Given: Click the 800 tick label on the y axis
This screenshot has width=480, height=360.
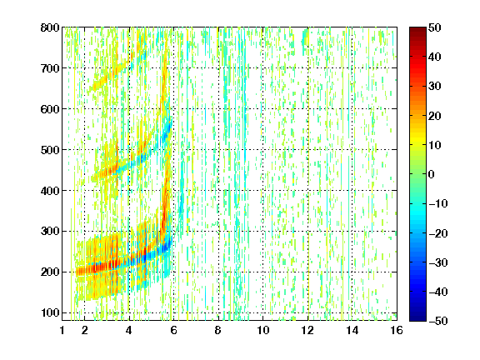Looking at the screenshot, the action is click(50, 27).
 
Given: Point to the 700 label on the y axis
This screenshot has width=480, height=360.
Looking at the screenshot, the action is click(50, 68).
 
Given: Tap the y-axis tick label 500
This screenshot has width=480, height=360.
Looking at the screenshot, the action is click(50, 150).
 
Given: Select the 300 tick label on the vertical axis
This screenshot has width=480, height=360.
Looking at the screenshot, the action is click(50, 232).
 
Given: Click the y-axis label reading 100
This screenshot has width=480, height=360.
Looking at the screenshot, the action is click(50, 312).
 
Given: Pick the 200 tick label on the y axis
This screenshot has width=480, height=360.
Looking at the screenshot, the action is click(50, 272).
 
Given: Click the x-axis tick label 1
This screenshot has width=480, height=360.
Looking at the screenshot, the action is click(62, 330).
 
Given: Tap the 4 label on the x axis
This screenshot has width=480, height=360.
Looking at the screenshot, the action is click(129, 330).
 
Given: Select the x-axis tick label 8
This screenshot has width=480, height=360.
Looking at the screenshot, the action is click(218, 330).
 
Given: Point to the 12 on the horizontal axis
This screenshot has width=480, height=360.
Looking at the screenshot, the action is click(307, 330).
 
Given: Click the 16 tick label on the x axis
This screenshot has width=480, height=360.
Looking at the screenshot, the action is click(397, 330).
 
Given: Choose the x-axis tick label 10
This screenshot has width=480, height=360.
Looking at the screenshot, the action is click(262, 330).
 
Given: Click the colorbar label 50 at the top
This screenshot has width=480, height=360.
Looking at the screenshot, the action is click(435, 27).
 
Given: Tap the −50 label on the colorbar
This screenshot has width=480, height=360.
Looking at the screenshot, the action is click(438, 321).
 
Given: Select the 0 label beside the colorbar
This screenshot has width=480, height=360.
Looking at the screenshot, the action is click(432, 174).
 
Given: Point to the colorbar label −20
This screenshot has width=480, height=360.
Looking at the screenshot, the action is click(438, 233).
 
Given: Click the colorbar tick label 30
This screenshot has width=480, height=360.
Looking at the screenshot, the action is click(435, 87).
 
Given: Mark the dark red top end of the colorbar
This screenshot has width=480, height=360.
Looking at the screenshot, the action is click(417, 28).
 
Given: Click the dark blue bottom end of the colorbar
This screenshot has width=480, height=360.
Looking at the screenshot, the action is click(417, 319).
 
